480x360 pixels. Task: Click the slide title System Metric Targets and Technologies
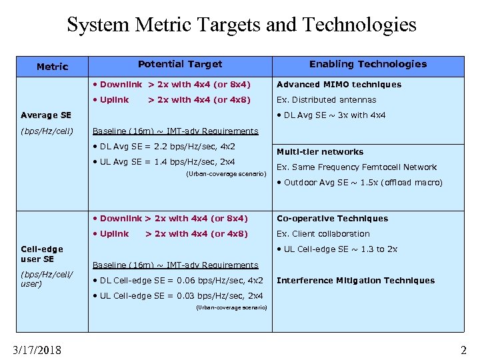point(241,25)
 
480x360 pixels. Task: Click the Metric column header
point(52,67)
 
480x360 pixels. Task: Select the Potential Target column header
point(180,64)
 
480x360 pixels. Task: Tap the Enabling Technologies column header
point(367,64)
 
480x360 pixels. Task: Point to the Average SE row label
point(46,115)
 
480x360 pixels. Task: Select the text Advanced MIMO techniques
point(339,85)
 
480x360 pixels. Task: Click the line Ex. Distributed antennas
point(326,100)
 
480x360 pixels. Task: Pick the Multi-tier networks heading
point(320,152)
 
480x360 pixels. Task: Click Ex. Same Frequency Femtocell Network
point(357,167)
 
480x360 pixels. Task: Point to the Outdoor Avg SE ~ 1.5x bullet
point(359,183)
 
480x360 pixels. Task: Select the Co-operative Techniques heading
point(332,219)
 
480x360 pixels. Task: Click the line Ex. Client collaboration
point(323,234)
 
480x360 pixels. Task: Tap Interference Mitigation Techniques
point(355,281)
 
